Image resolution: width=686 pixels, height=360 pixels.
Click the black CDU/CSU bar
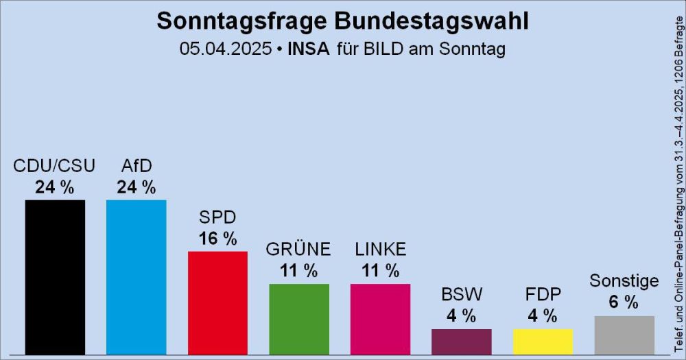click(x=55, y=277)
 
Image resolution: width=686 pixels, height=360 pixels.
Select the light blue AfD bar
click(x=136, y=277)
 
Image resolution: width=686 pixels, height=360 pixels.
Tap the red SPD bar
click(x=217, y=302)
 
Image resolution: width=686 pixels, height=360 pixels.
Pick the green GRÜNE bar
click(x=299, y=319)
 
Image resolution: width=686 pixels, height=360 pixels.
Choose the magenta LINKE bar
click(x=380, y=319)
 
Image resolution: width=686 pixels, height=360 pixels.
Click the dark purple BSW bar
click(x=461, y=341)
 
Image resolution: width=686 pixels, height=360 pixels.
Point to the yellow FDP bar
click(x=543, y=341)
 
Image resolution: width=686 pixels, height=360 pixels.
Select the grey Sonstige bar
click(x=624, y=335)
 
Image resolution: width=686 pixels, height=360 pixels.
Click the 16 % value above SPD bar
click(x=217, y=239)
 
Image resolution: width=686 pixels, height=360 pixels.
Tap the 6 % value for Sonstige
click(x=624, y=302)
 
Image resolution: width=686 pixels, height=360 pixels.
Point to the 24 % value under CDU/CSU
click(x=55, y=187)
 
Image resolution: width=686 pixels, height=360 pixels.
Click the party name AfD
click(x=136, y=167)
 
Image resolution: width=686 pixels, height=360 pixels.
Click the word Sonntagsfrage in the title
click(x=242, y=21)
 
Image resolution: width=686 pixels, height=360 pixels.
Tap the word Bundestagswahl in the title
click(x=431, y=21)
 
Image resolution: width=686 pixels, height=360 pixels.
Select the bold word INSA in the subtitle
click(x=308, y=49)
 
